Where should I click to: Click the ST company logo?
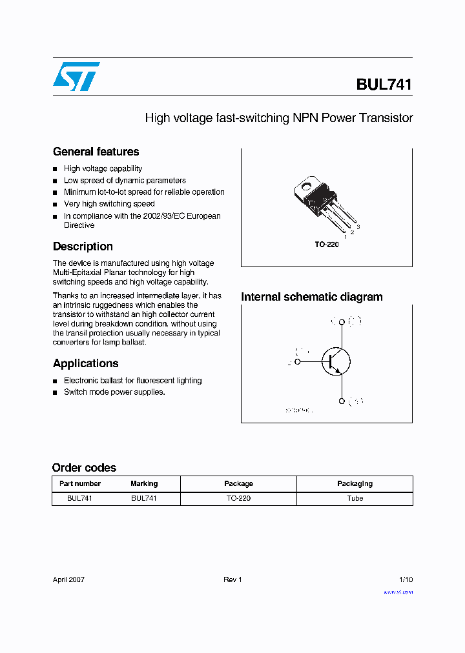coord(76,77)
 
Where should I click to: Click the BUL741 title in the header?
coord(383,85)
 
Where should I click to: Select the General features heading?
coord(96,152)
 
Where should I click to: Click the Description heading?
coord(83,246)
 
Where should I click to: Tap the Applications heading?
coord(85,363)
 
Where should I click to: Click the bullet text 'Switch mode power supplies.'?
coord(114,392)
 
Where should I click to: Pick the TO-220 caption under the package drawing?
coord(327,245)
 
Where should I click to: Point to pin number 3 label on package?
coord(358,227)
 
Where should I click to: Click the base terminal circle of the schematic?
coord(298,362)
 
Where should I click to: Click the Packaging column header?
coord(355,484)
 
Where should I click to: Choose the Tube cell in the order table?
coord(355,498)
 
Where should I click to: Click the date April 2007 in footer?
coord(68,579)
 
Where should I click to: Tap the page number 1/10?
coord(405,579)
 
